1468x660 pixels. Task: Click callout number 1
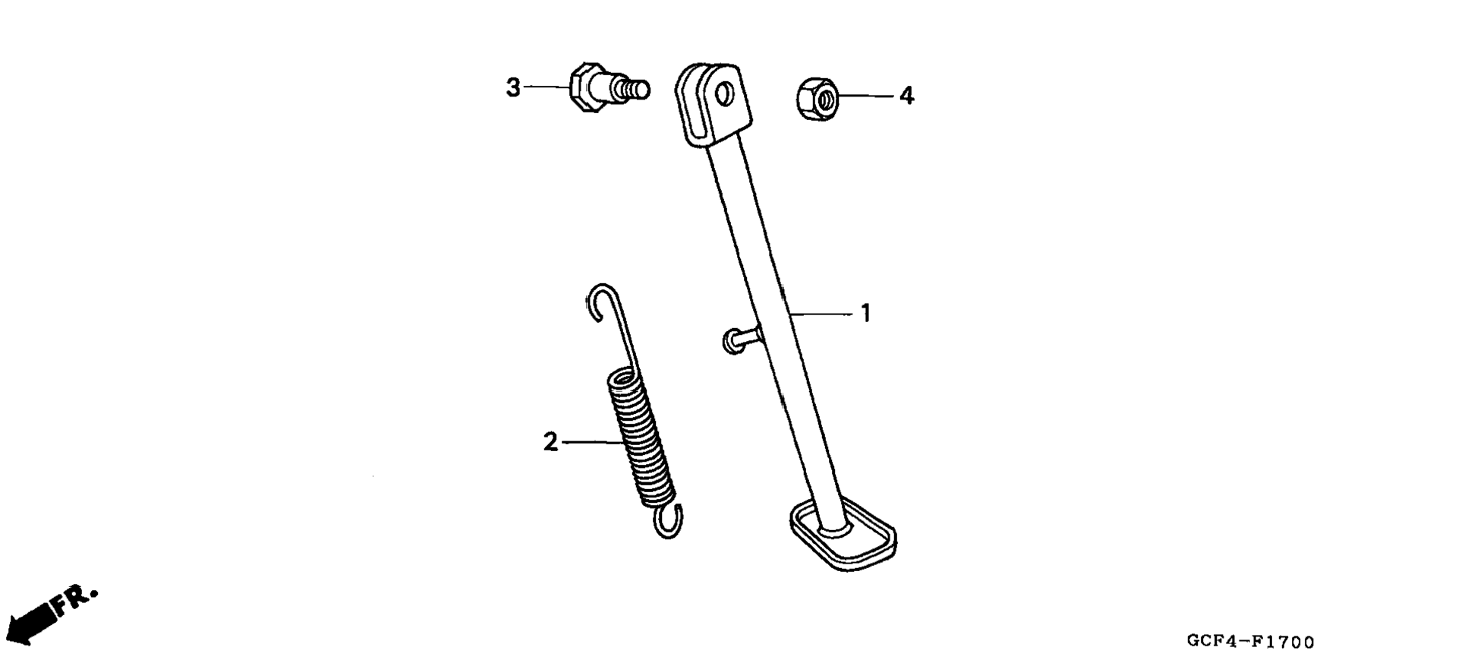click(x=865, y=313)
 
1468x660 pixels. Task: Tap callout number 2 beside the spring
click(x=550, y=442)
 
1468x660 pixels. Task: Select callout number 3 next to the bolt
click(x=514, y=88)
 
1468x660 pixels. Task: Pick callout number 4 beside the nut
click(x=906, y=96)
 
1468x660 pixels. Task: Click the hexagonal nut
click(x=817, y=98)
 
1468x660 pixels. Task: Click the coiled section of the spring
click(x=641, y=437)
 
